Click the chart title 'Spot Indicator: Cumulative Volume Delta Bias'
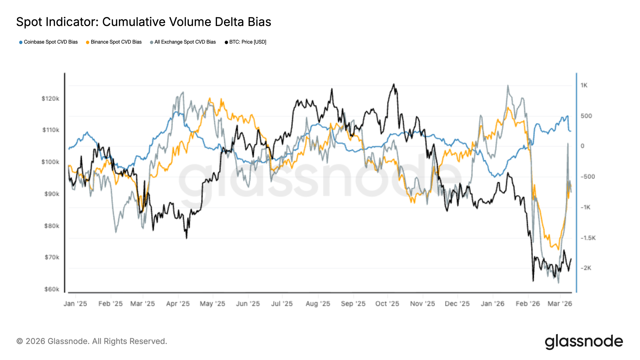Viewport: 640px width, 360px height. [144, 22]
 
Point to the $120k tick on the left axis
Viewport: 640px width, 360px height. [51, 99]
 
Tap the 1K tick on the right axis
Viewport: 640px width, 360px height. [584, 85]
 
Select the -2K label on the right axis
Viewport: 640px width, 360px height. [586, 268]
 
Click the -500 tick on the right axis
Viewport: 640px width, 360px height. [588, 177]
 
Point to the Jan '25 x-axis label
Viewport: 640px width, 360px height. [75, 304]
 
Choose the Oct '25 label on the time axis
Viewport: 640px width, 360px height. [387, 304]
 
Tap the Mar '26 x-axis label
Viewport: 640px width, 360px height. [560, 304]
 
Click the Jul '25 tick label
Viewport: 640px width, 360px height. [282, 304]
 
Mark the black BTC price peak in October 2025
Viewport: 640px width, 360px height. [394, 84]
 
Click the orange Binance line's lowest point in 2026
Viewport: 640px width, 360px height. [558, 250]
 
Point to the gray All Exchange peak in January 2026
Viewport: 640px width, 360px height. [508, 85]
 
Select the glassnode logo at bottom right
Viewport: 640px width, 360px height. [584, 342]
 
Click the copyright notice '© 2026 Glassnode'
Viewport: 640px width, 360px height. [92, 341]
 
